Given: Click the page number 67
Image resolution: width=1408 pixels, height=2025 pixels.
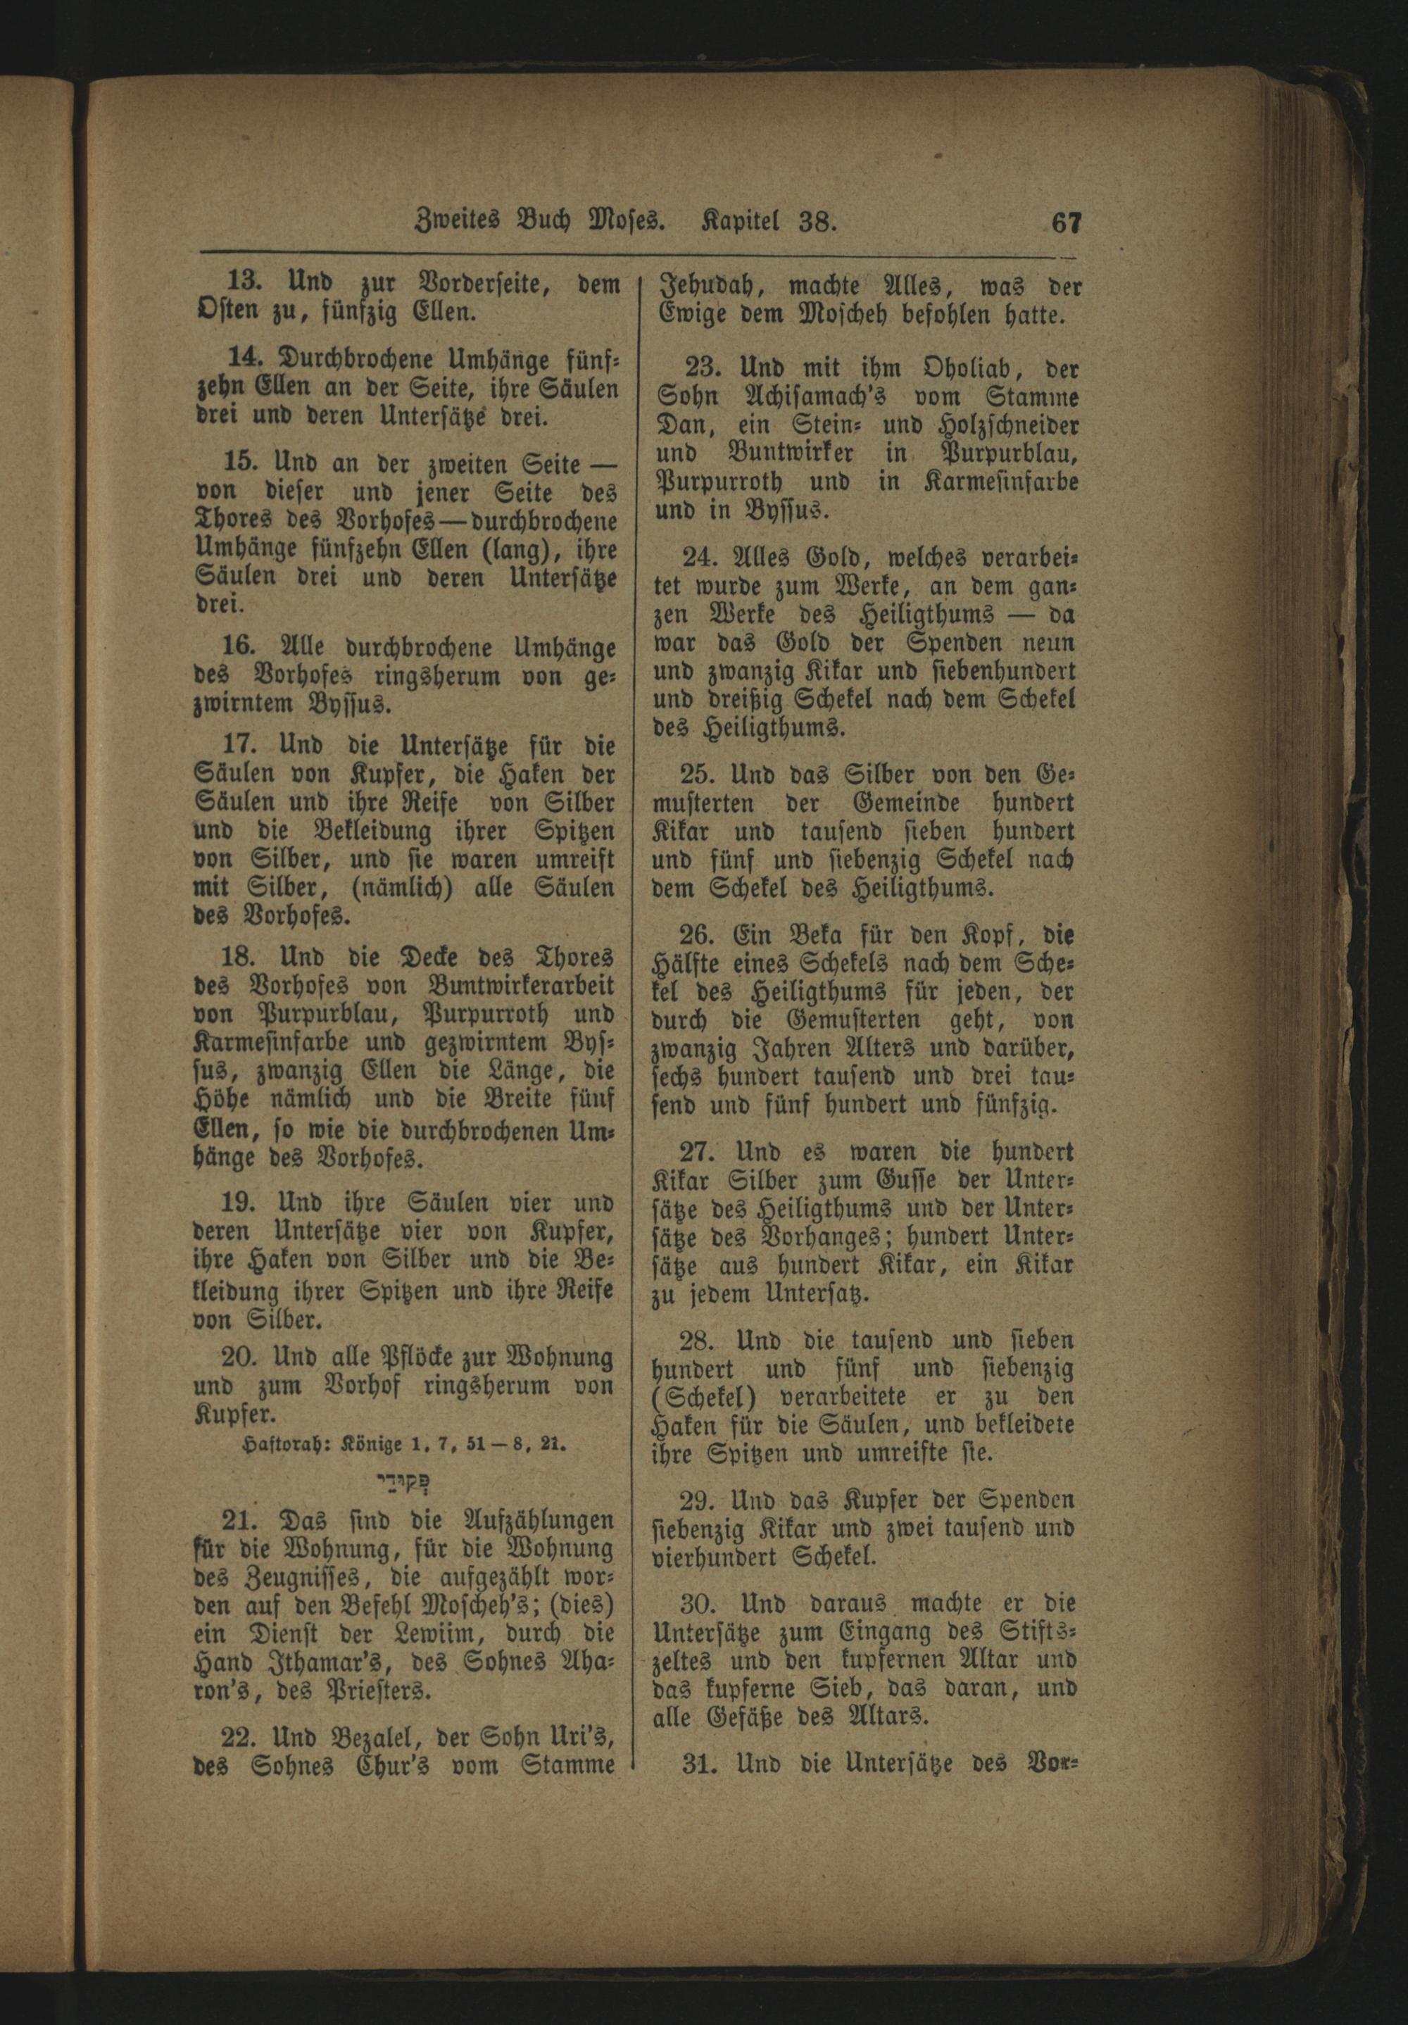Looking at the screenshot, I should (1065, 222).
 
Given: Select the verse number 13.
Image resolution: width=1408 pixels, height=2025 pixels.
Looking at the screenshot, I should (242, 284).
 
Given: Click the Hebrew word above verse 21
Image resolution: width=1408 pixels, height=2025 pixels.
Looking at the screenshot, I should (405, 1481).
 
